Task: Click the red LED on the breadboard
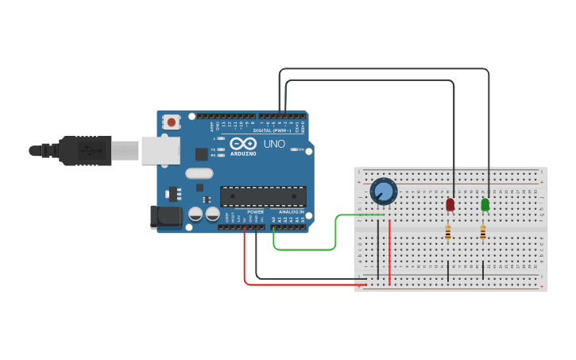point(450,204)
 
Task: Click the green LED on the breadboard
point(485,204)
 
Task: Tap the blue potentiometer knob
point(383,192)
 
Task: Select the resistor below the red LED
point(448,232)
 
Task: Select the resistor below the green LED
point(483,232)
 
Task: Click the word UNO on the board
point(273,144)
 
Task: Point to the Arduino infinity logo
point(242,143)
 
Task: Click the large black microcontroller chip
point(263,196)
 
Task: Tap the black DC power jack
point(163,216)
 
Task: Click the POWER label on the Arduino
point(255,212)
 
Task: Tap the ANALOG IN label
point(291,212)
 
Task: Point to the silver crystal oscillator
point(199,173)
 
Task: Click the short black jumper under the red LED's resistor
point(448,270)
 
